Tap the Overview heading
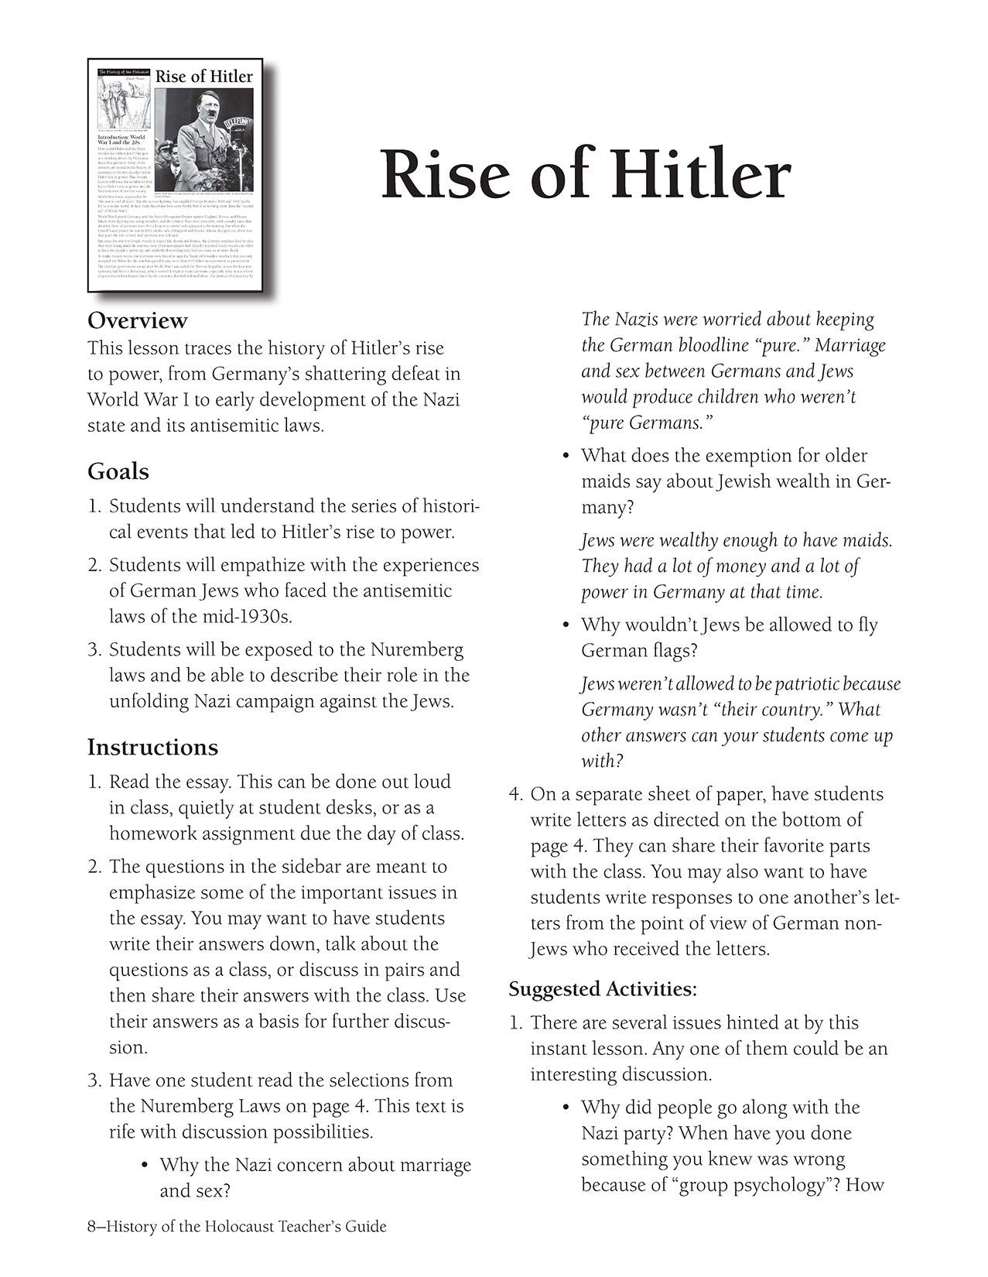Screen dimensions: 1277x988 click(137, 320)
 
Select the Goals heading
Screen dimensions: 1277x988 click(118, 471)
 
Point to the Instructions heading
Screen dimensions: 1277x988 click(152, 747)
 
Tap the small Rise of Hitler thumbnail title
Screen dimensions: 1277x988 click(204, 76)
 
